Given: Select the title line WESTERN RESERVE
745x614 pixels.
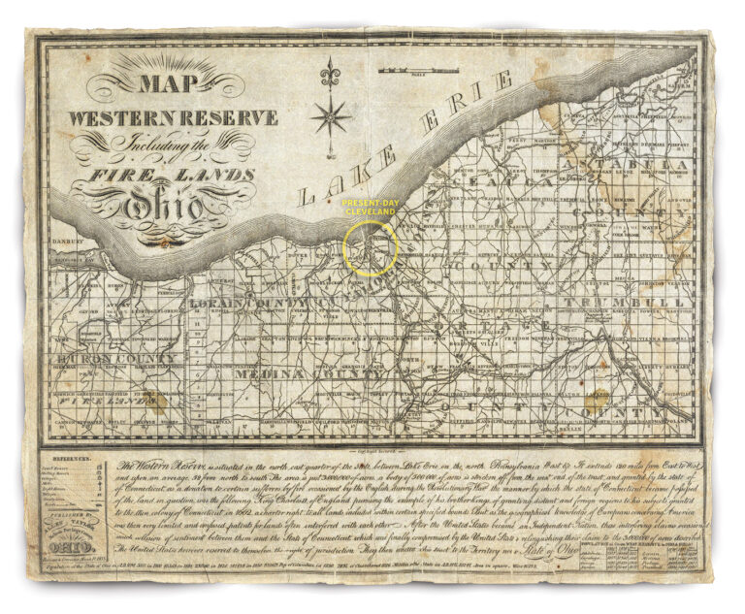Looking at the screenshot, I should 172,118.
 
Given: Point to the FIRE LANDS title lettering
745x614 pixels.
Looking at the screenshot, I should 172,176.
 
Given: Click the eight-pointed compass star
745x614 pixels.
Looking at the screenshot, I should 332,116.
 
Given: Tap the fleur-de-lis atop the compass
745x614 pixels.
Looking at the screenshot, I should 332,73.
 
